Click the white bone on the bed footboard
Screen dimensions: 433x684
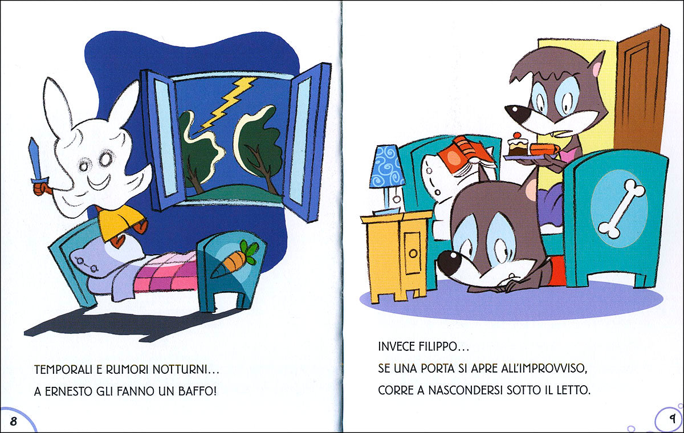tap(621, 208)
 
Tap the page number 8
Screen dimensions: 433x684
tap(13, 421)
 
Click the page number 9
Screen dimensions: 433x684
tap(671, 419)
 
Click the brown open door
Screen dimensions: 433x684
tap(641, 91)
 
